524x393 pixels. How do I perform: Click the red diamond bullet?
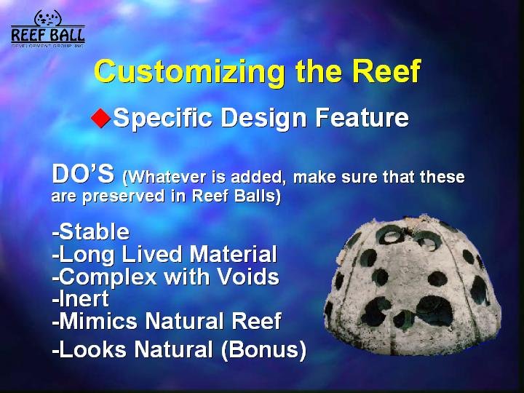[100, 118]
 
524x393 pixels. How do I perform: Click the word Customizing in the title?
[189, 72]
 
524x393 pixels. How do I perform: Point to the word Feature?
[362, 117]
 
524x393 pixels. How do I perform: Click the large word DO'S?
[83, 174]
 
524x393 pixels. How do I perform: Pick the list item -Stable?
[90, 231]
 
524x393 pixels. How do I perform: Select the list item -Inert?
[81, 298]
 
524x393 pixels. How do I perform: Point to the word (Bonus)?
[263, 350]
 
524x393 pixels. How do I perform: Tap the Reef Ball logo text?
[48, 36]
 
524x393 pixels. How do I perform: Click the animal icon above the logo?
[48, 17]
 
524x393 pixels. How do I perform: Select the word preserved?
[123, 196]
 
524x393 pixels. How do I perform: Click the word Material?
[233, 254]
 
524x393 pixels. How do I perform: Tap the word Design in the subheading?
[263, 119]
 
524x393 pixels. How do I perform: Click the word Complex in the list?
[105, 277]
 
